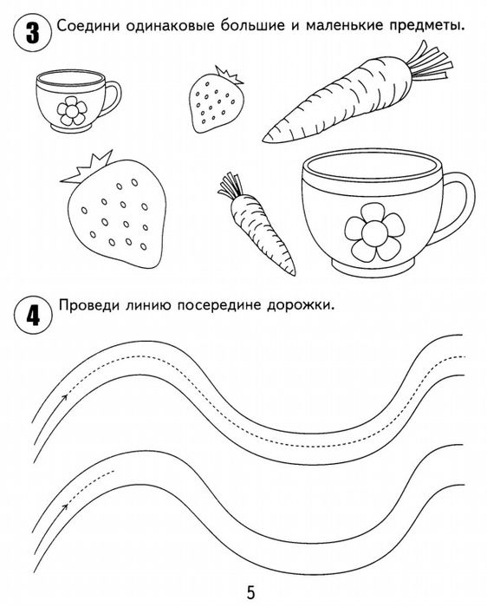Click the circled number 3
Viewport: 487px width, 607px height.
[32, 33]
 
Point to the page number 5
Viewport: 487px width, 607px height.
[251, 592]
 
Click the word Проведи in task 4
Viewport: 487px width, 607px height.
[89, 305]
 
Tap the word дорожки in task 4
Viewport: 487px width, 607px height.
[300, 306]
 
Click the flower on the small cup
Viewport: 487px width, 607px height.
[72, 111]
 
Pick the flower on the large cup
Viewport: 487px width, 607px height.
[374, 232]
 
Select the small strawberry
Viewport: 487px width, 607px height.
[217, 100]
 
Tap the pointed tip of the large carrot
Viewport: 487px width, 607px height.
[264, 139]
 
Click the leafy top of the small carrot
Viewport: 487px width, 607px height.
[231, 186]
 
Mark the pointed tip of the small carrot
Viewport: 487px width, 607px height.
[294, 274]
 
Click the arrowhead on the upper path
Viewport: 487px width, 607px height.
[65, 396]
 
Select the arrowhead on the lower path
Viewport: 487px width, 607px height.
[65, 506]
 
